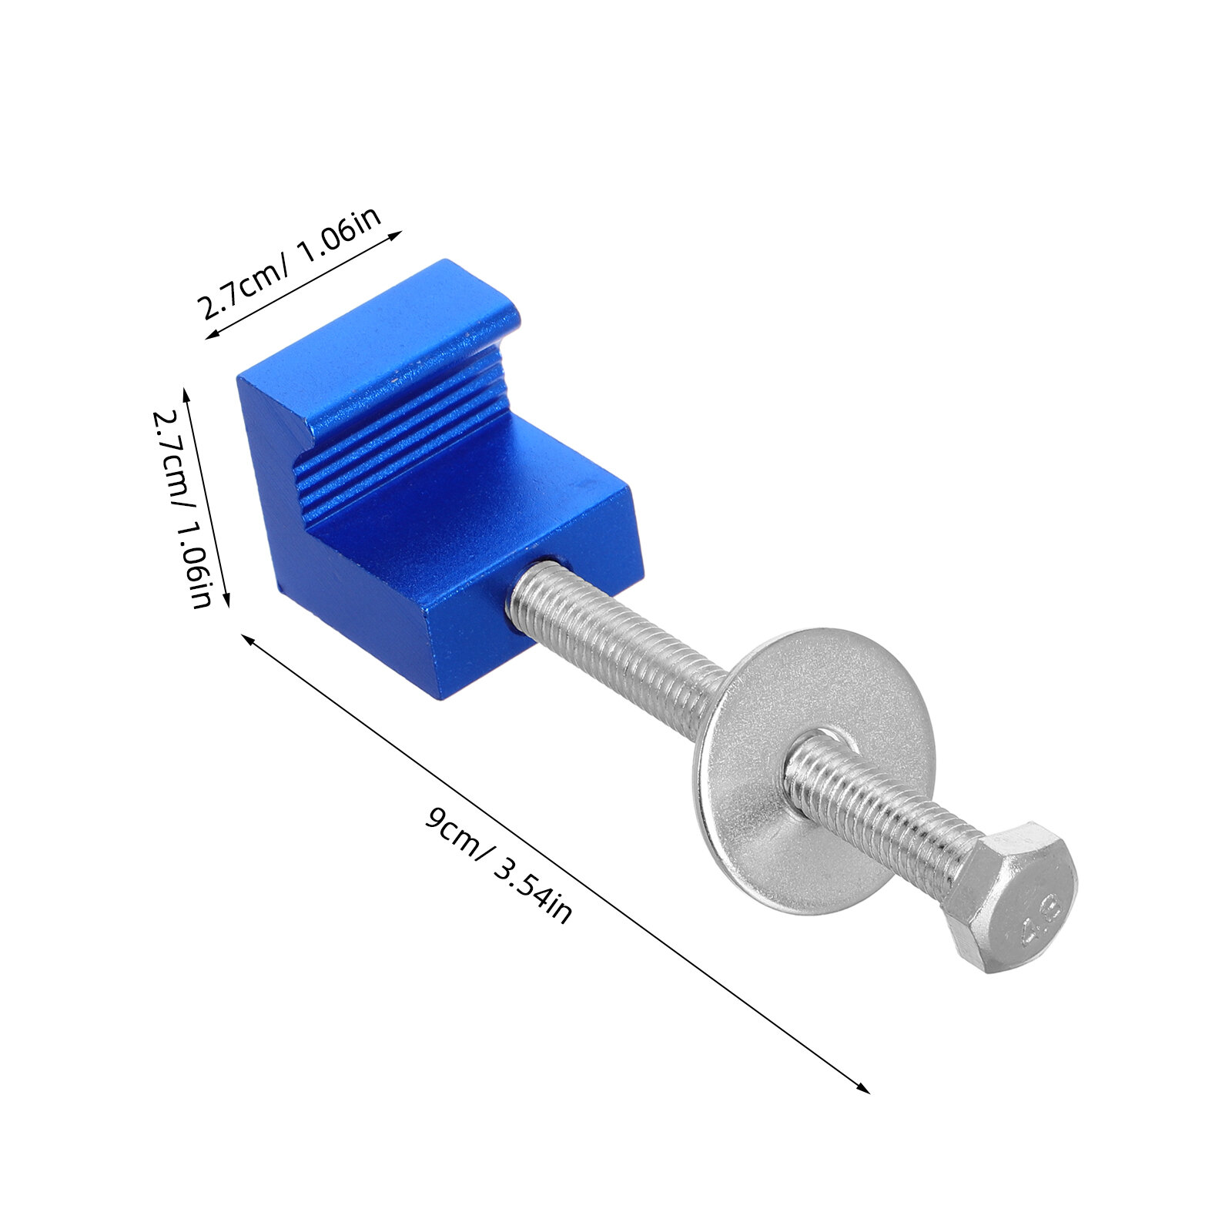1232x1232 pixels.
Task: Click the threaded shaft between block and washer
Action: tap(616, 631)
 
